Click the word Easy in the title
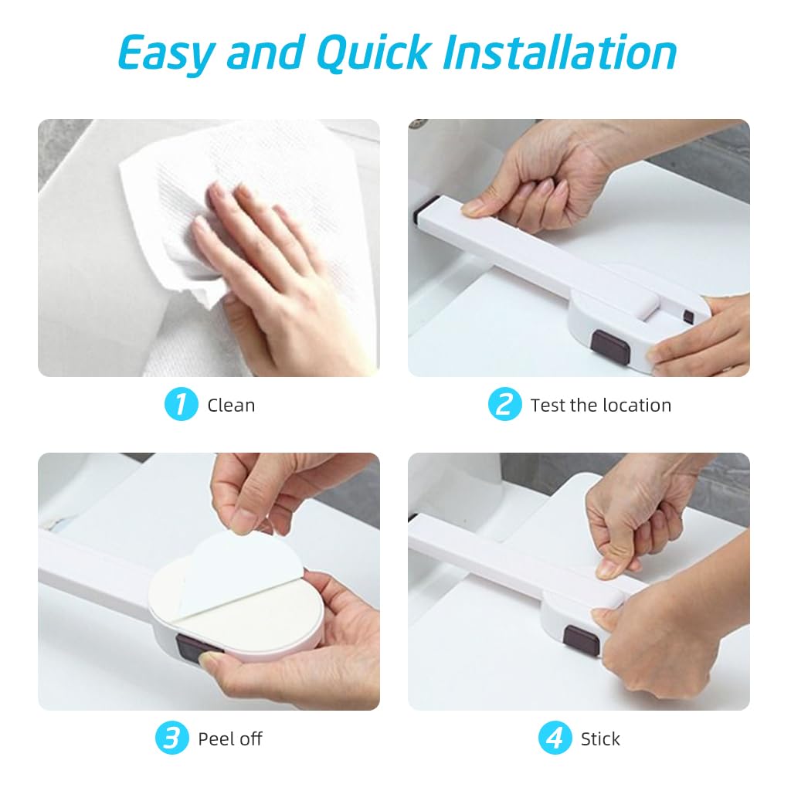(x=166, y=53)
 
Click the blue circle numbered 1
(x=182, y=405)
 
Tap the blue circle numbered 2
(x=504, y=405)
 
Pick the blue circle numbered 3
(x=172, y=738)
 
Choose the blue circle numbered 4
(x=555, y=738)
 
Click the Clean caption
(x=231, y=406)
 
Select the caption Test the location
(x=600, y=406)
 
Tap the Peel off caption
(x=230, y=739)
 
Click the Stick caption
(x=600, y=739)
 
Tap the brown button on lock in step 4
(x=581, y=640)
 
